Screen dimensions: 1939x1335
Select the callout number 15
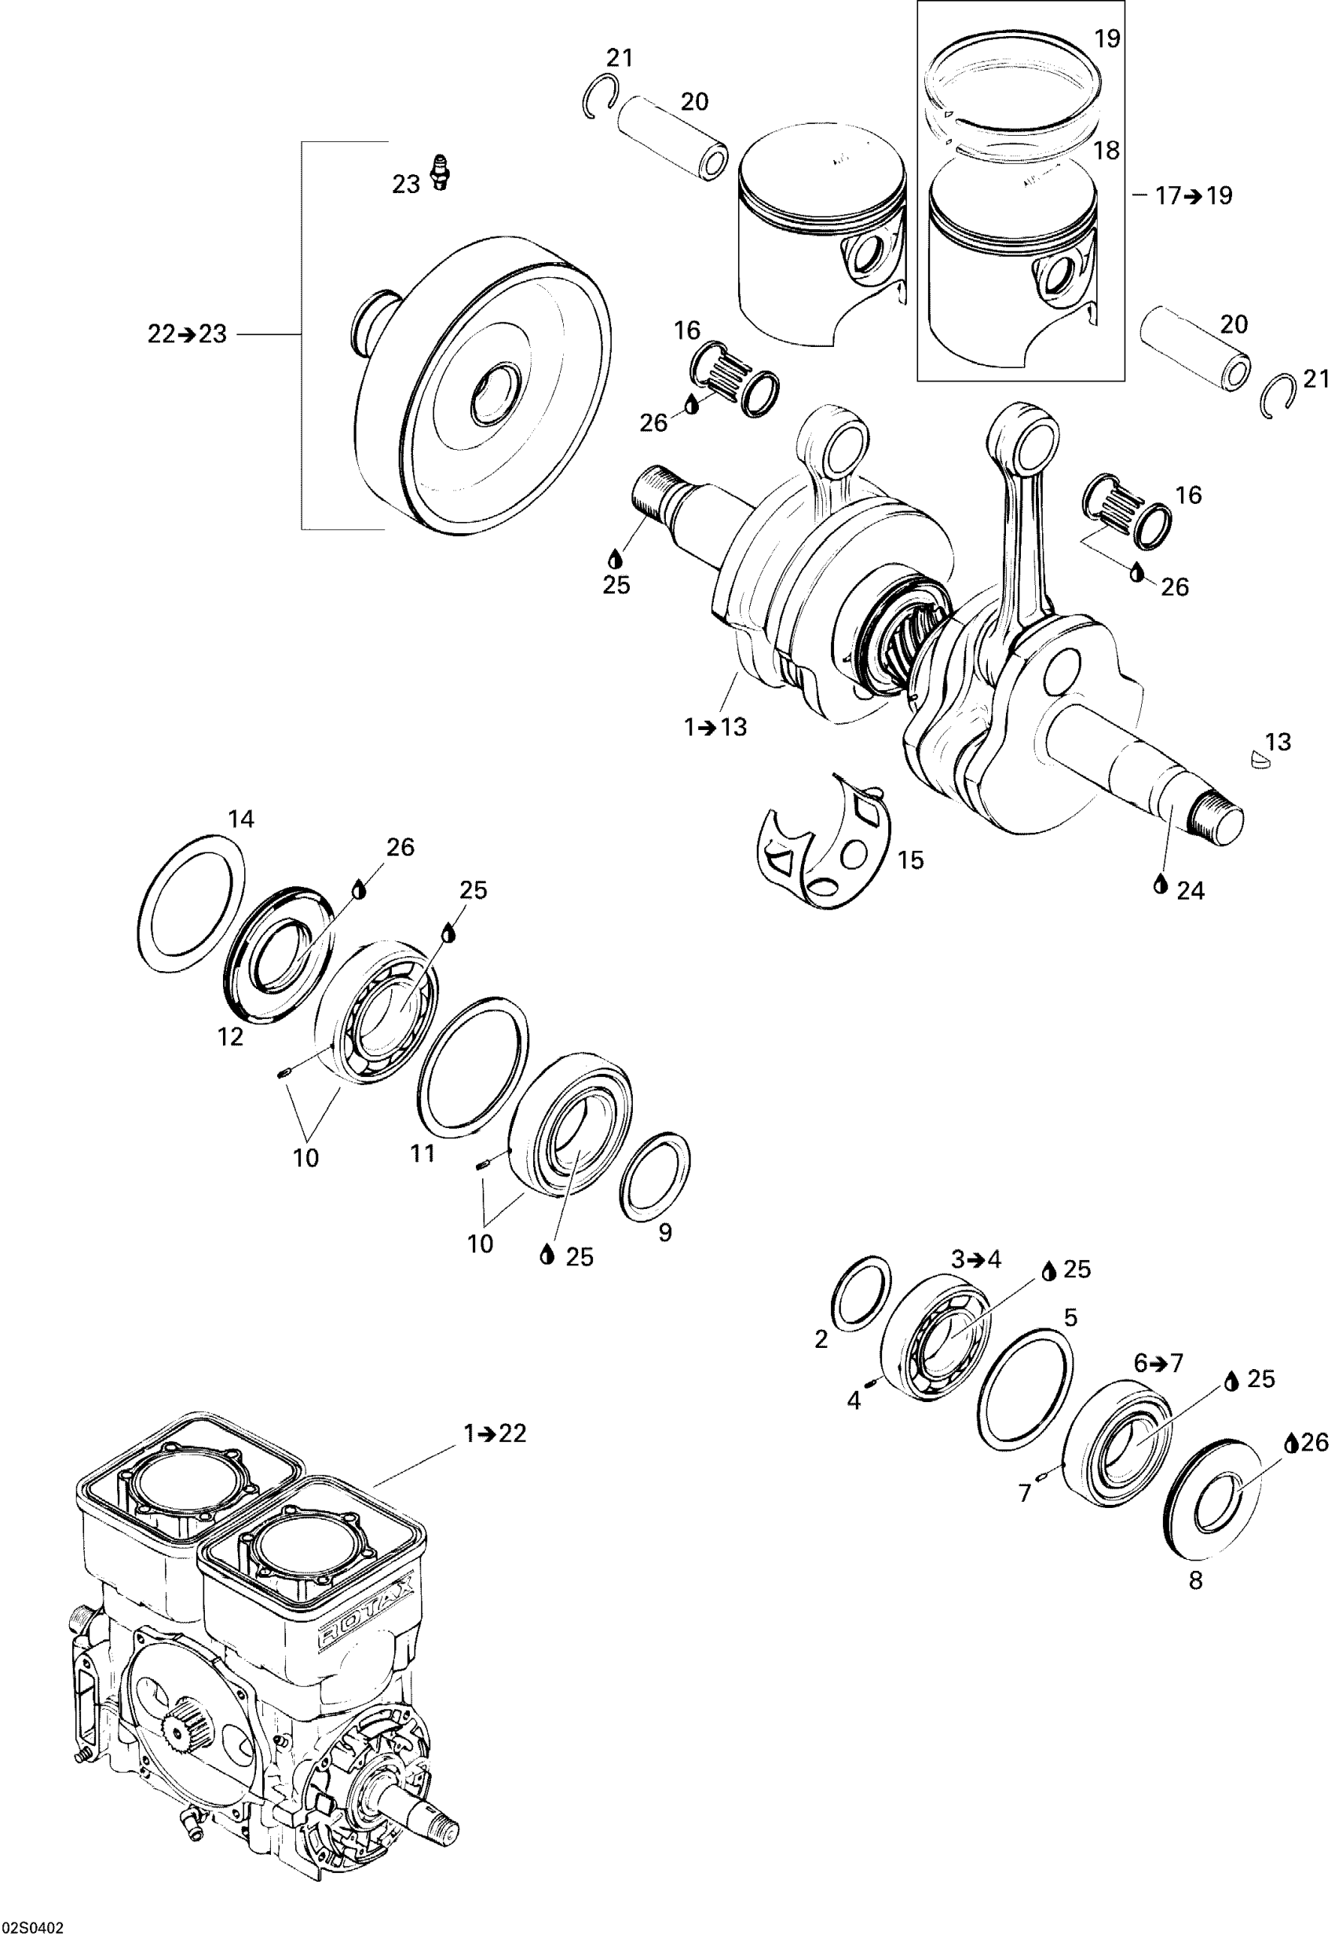click(x=910, y=860)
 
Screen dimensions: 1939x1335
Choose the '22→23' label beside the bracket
click(x=187, y=334)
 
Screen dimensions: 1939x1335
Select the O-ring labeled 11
click(x=473, y=1067)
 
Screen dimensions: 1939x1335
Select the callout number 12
click(x=230, y=1037)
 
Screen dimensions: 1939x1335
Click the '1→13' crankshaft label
click(x=715, y=728)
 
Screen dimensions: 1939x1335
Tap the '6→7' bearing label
click(x=1158, y=1364)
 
